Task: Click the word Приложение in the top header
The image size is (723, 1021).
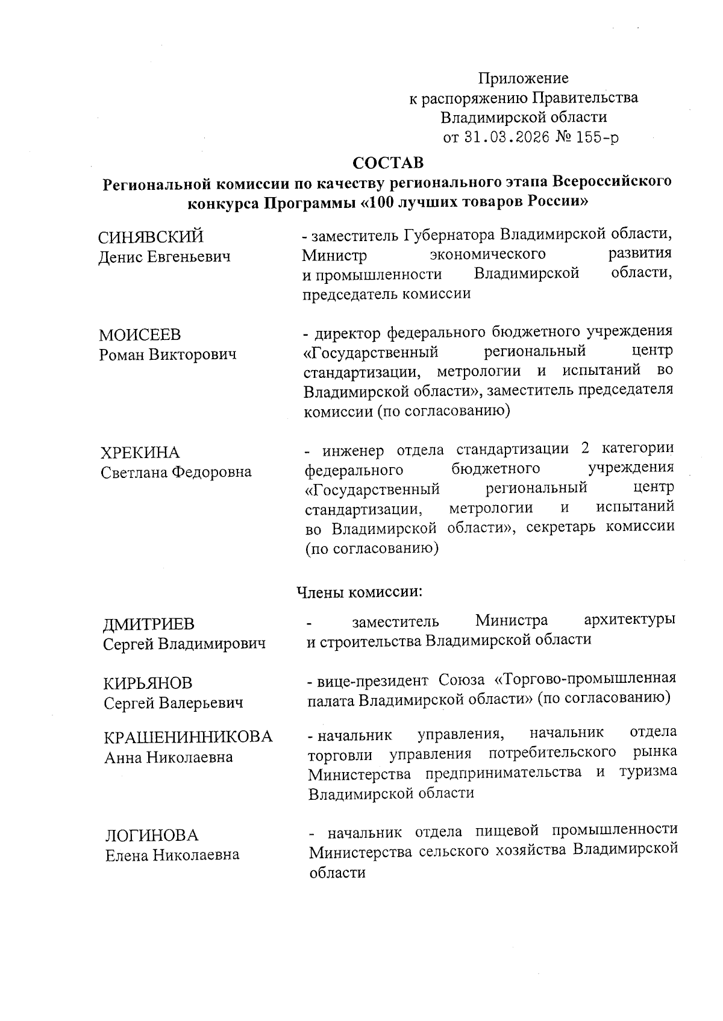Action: [523, 78]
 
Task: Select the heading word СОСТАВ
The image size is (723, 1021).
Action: [388, 163]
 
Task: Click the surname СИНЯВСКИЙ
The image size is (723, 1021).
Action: [151, 237]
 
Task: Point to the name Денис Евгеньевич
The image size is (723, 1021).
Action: [164, 257]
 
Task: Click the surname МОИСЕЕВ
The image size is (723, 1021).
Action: [140, 335]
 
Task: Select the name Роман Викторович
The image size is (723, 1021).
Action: [167, 354]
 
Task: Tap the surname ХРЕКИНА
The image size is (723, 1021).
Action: [140, 452]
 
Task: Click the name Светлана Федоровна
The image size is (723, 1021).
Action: [176, 472]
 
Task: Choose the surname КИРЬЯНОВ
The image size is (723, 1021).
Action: [148, 683]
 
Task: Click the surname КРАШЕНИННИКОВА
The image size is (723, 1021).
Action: [188, 737]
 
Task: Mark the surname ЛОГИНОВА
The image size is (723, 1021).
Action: [151, 835]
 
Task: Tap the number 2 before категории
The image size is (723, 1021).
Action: [583, 449]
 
